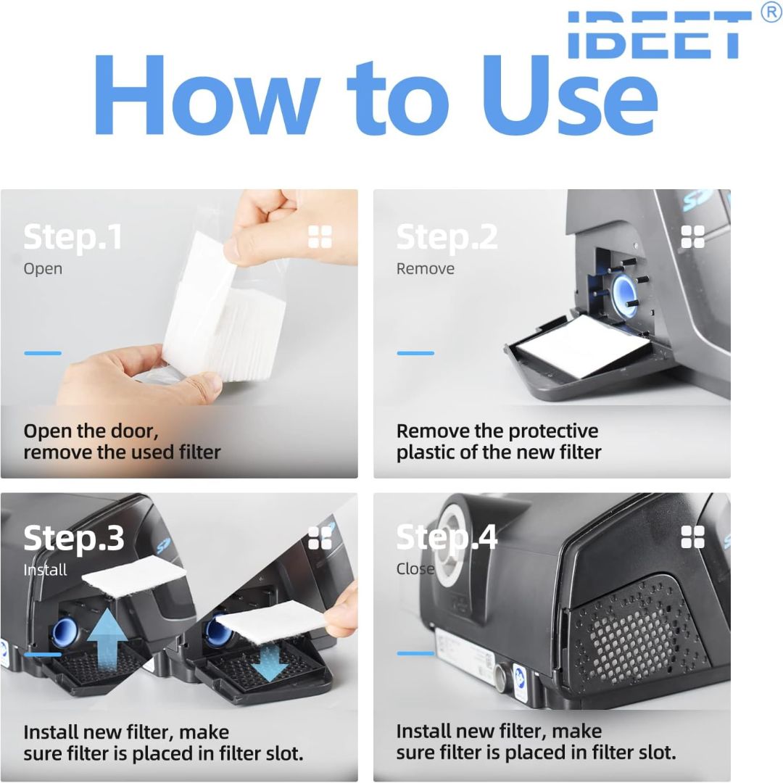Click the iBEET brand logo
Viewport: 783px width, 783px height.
pos(659,34)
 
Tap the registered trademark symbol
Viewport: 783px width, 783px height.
pos(771,12)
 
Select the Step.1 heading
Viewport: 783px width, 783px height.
pos(73,237)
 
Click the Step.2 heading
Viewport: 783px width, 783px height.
pos(447,237)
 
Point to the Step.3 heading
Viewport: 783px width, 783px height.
pos(74,538)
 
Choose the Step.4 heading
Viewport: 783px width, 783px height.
pos(447,538)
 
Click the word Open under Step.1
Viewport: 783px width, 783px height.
pos(43,269)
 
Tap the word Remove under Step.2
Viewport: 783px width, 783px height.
pos(426,269)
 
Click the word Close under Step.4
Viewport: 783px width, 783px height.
pos(415,569)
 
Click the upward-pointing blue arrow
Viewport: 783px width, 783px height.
pos(107,639)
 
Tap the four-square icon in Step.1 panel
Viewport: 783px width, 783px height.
pos(320,236)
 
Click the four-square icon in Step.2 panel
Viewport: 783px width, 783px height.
pos(693,236)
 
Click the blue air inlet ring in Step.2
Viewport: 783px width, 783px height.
pos(623,297)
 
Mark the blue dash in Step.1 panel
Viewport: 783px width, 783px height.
pos(43,353)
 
